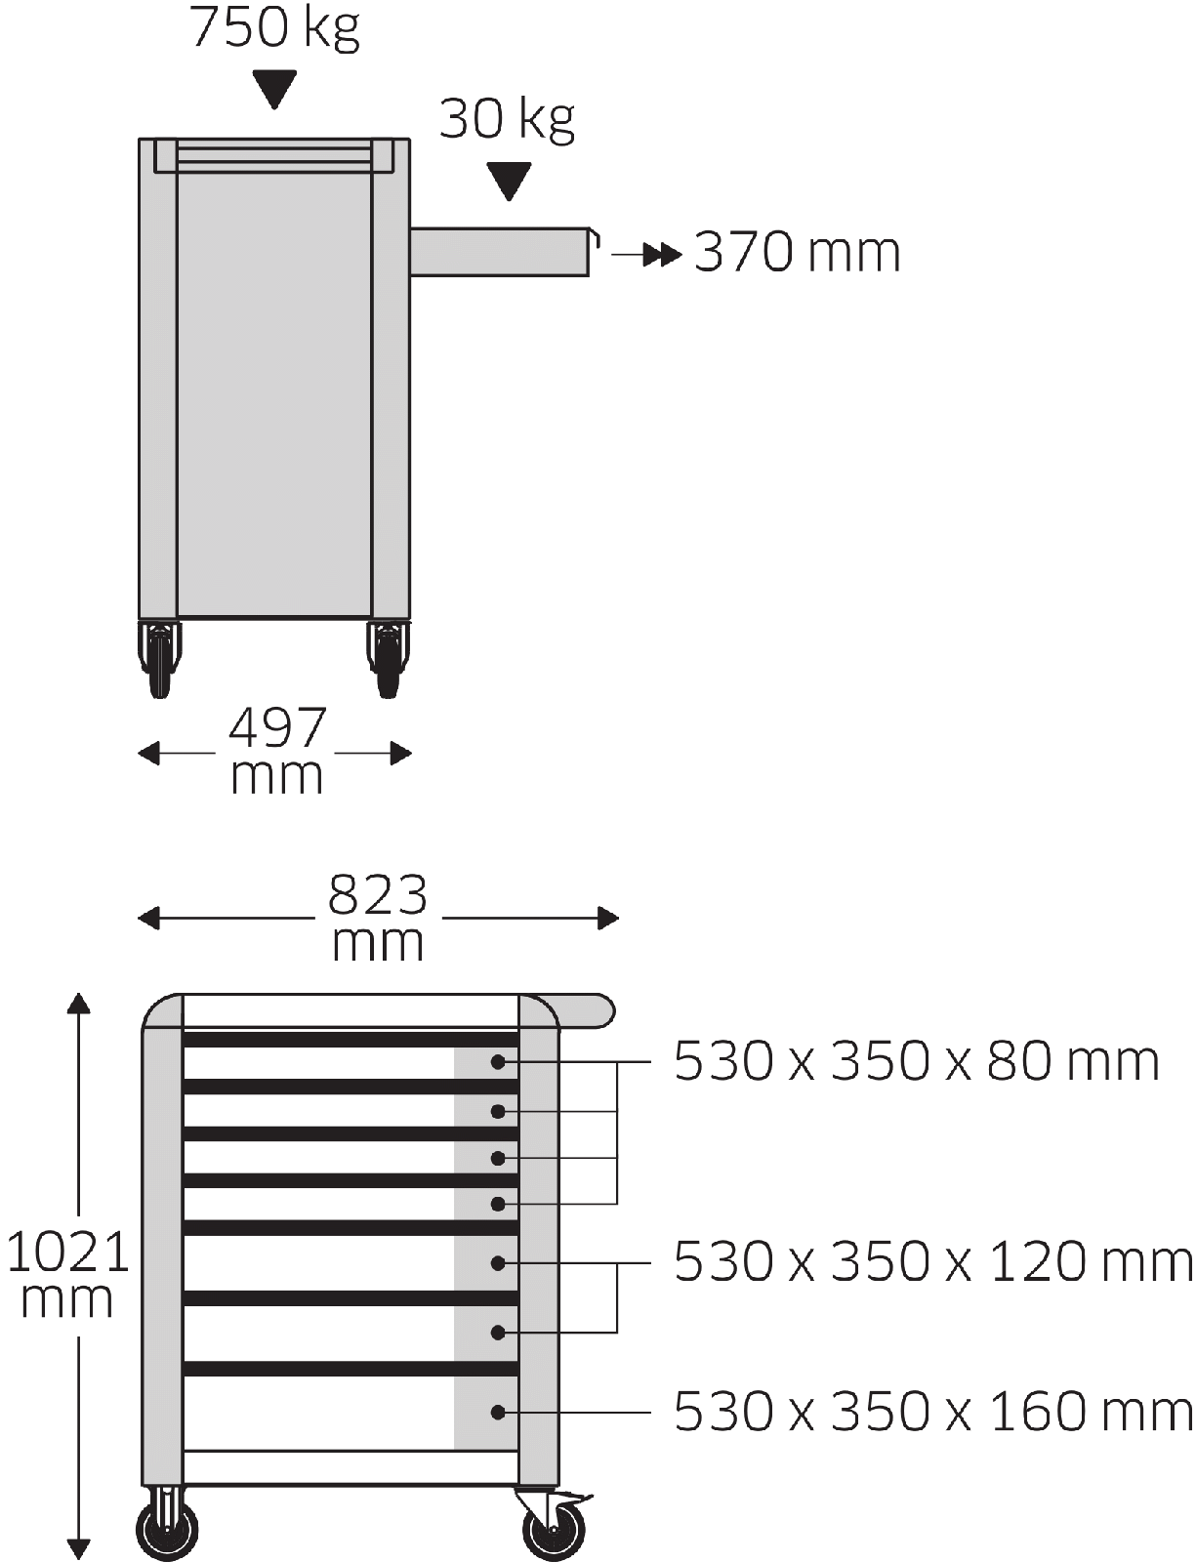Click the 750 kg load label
(273, 28)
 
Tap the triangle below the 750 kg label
(273, 89)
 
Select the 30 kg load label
(507, 120)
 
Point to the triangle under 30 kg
(508, 182)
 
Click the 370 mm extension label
(797, 252)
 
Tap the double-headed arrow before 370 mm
(646, 255)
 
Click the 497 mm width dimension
(276, 751)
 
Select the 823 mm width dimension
(378, 917)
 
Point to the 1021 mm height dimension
(67, 1273)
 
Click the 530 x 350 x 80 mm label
(917, 1062)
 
